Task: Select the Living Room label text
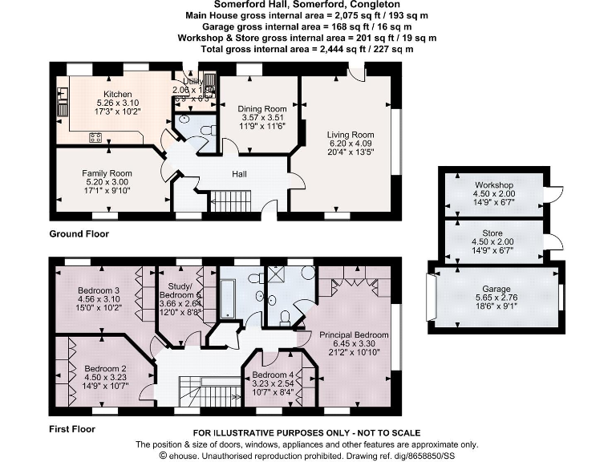click(351, 134)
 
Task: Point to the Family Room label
click(107, 173)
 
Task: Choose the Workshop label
click(492, 185)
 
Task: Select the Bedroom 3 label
click(99, 290)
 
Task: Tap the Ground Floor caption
click(79, 234)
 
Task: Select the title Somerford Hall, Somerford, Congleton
click(306, 5)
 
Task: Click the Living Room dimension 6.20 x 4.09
click(351, 143)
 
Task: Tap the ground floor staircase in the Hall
click(230, 201)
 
